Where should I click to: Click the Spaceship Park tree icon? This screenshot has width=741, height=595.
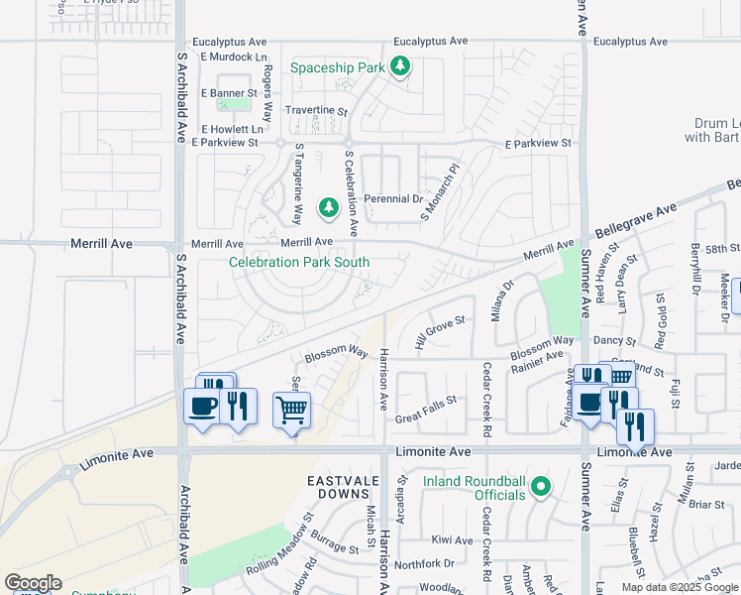[x=399, y=66]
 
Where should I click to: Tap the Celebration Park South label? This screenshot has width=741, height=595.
[x=299, y=263]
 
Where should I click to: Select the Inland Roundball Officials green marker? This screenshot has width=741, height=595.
[x=540, y=486]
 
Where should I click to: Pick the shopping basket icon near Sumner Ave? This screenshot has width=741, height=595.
[x=620, y=375]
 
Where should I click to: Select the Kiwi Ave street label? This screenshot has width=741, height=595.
[x=453, y=540]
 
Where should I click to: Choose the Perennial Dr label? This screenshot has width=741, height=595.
[x=393, y=199]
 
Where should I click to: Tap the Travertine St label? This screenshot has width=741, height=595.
[x=316, y=112]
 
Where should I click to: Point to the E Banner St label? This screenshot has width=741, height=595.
[x=229, y=93]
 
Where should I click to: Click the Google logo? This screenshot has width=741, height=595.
[x=34, y=583]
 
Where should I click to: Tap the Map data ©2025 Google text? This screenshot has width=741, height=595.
[x=680, y=587]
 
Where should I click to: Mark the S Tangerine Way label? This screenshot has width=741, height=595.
[x=298, y=183]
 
